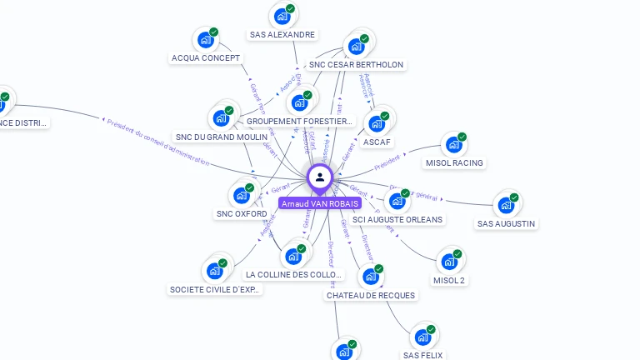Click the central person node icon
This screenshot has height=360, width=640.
click(x=320, y=177)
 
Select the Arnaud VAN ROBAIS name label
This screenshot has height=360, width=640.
click(x=320, y=203)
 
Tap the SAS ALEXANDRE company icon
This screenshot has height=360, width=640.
click(x=282, y=16)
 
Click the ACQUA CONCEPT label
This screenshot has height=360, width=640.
click(x=206, y=57)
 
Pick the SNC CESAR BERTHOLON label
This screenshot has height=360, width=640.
click(x=356, y=64)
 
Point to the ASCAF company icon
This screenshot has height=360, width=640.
click(x=376, y=123)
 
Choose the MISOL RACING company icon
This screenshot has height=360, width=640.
click(x=453, y=145)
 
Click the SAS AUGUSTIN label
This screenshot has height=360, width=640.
click(x=507, y=223)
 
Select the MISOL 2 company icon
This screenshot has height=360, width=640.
click(x=449, y=262)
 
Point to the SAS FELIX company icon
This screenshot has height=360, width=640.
click(x=422, y=337)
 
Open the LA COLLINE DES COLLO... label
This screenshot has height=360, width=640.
click(x=294, y=274)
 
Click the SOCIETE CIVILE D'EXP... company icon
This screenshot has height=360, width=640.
click(x=215, y=271)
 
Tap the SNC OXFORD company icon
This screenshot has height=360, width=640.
click(x=242, y=195)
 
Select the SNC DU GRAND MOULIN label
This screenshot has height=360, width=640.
click(x=222, y=137)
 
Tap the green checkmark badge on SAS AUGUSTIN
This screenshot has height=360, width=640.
click(x=514, y=197)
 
